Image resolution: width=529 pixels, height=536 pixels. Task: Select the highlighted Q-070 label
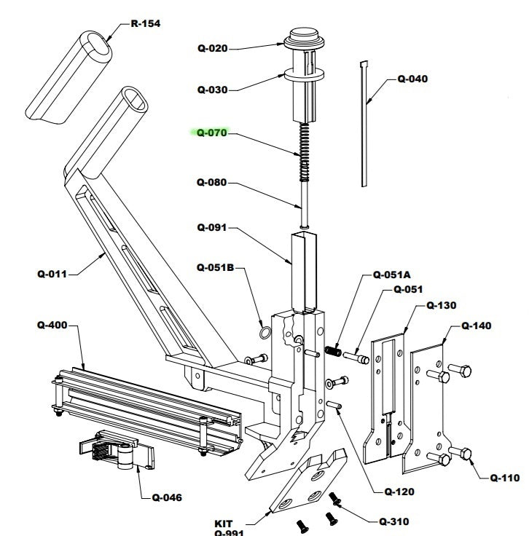[213, 133]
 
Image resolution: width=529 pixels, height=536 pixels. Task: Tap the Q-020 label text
[213, 49]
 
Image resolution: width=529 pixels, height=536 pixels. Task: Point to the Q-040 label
[412, 79]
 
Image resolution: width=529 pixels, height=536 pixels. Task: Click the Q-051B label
[216, 267]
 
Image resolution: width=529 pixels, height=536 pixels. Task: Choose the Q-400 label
[52, 326]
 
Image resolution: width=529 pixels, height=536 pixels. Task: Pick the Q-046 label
[167, 498]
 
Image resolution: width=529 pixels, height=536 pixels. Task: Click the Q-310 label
[393, 521]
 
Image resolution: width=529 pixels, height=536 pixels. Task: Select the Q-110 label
[505, 478]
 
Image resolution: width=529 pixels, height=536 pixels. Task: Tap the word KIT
[224, 523]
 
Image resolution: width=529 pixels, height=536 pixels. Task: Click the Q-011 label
[52, 275]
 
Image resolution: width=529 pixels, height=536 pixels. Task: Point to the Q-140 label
[477, 326]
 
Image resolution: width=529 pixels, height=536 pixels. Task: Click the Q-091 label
[213, 227]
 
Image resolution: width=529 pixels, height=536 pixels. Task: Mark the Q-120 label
[399, 492]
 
